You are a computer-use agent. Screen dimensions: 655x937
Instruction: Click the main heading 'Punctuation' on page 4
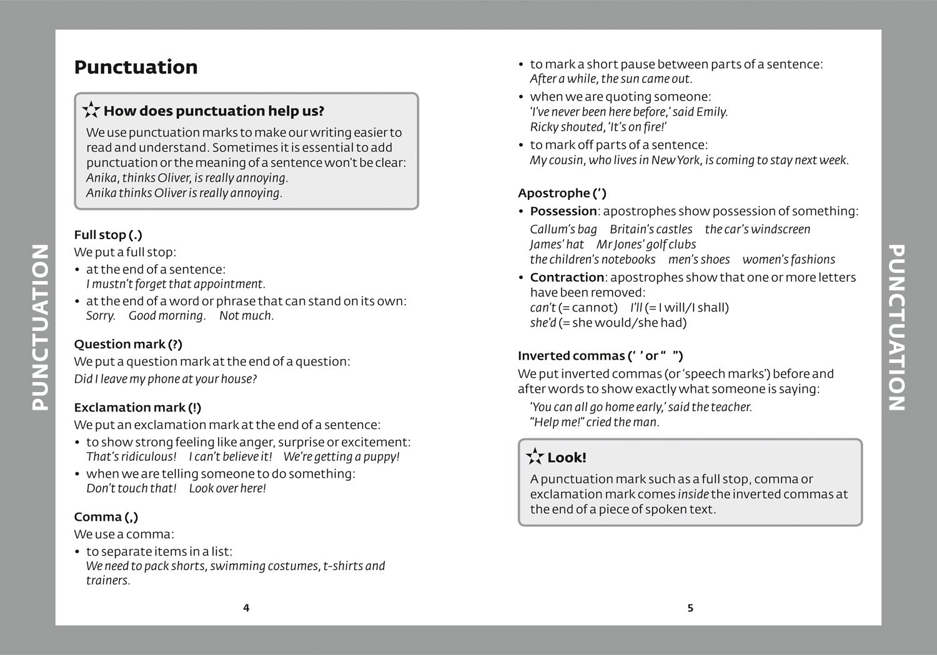136,67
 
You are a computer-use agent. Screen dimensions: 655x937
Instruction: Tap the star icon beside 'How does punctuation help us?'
91,111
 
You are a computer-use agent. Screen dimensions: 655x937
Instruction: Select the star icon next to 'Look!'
535,457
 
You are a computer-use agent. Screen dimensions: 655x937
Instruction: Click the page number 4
246,608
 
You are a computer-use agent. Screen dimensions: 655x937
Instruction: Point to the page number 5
690,608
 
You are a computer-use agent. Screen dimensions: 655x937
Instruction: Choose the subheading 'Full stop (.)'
108,235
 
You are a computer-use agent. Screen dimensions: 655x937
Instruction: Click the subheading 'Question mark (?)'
128,344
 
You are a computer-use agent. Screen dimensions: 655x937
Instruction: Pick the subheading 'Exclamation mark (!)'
137,408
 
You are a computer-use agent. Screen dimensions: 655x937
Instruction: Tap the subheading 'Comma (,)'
106,517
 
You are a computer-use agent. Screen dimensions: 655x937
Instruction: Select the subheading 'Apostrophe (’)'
562,194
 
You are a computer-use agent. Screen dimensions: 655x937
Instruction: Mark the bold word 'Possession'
563,211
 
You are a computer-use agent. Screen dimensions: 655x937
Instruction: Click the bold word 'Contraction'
567,277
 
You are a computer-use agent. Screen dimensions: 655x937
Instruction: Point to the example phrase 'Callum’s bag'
563,229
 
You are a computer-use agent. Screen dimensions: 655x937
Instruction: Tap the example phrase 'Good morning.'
167,316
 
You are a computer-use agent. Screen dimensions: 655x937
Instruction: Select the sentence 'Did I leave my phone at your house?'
166,379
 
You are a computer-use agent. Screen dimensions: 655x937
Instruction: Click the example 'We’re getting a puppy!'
341,457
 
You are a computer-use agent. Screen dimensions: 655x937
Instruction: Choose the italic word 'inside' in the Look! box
693,495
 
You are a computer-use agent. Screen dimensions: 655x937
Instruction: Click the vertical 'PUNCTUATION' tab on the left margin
39,327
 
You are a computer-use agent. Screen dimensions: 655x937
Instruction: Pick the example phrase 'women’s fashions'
788,260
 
